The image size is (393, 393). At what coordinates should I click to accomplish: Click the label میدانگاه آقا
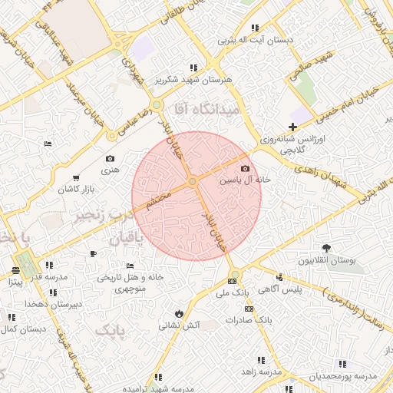pyautogui.click(x=207, y=110)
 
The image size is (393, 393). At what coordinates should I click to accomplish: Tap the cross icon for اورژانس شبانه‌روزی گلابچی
pyautogui.click(x=292, y=127)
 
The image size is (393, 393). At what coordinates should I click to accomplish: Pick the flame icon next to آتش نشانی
pyautogui.click(x=179, y=313)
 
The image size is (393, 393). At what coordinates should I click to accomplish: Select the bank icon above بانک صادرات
pyautogui.click(x=248, y=309)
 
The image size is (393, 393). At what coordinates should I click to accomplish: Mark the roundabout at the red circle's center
pyautogui.click(x=193, y=181)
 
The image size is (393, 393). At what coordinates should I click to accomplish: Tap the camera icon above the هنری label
pyautogui.click(x=110, y=159)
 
